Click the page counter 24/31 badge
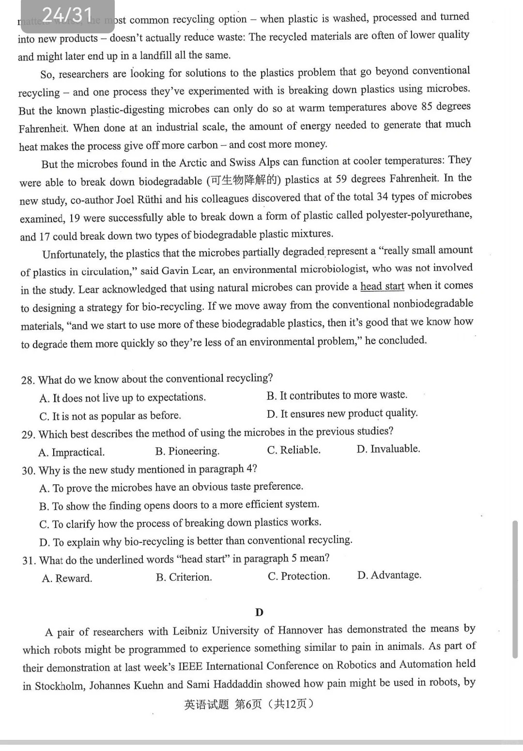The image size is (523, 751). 67,15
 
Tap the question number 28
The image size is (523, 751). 28,380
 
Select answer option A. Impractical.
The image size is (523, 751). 71,452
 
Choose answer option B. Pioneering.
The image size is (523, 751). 187,451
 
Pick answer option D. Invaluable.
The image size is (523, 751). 388,449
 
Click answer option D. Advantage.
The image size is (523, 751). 389,575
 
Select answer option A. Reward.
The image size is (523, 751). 67,578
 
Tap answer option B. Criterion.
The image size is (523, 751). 184,577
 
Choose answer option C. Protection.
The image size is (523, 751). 299,576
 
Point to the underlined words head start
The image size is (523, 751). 382,286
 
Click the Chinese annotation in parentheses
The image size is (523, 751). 244,180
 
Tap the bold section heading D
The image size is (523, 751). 259,612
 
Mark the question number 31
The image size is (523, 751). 29,560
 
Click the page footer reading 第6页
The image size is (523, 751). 248,704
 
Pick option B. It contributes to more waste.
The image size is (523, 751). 337,395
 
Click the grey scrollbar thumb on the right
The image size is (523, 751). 515,589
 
